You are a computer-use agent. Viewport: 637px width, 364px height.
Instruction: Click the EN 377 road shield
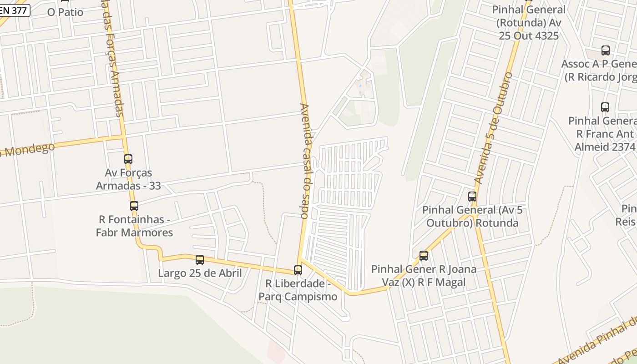(x=15, y=10)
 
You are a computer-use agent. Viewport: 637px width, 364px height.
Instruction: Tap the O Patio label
(x=65, y=12)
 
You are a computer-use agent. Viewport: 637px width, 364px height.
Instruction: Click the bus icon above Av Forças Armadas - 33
(x=128, y=159)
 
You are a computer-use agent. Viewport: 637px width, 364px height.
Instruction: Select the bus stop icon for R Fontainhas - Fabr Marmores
(x=134, y=206)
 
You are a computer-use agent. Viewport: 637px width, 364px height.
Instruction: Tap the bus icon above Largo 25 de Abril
(x=200, y=260)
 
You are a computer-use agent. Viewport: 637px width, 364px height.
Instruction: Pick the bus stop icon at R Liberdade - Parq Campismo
(x=298, y=270)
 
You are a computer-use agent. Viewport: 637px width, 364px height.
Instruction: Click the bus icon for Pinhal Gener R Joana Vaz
(x=424, y=256)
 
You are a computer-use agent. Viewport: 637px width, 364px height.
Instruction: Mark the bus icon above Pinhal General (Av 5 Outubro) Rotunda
(x=472, y=197)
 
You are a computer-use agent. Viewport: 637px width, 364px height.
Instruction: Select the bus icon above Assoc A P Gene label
(x=606, y=51)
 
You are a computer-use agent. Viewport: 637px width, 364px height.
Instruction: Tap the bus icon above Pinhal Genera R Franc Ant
(x=605, y=107)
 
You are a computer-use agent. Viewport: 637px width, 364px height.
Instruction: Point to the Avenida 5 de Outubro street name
(x=493, y=128)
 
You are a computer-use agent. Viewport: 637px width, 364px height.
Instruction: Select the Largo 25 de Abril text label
(x=200, y=273)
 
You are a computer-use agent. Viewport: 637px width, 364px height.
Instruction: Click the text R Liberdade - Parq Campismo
(x=298, y=290)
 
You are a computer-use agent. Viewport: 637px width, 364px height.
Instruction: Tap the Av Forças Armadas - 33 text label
(x=128, y=179)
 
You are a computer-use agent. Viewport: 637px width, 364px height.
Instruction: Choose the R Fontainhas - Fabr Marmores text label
(x=134, y=226)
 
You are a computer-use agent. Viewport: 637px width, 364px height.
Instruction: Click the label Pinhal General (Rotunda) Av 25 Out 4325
(x=529, y=22)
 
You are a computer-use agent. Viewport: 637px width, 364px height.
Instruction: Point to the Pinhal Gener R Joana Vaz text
(x=424, y=276)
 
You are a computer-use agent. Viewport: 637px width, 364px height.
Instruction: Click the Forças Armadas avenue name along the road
(x=114, y=68)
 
